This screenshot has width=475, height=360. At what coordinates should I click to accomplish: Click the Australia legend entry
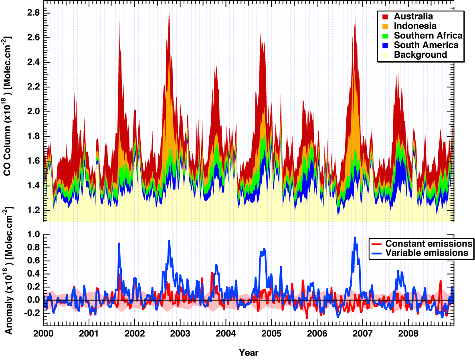(x=413, y=16)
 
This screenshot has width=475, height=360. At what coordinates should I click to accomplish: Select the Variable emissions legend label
(x=426, y=253)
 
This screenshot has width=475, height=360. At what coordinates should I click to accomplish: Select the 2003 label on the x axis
(x=180, y=334)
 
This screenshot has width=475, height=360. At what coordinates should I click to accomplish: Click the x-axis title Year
(x=249, y=353)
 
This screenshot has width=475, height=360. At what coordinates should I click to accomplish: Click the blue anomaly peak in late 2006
(x=355, y=237)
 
